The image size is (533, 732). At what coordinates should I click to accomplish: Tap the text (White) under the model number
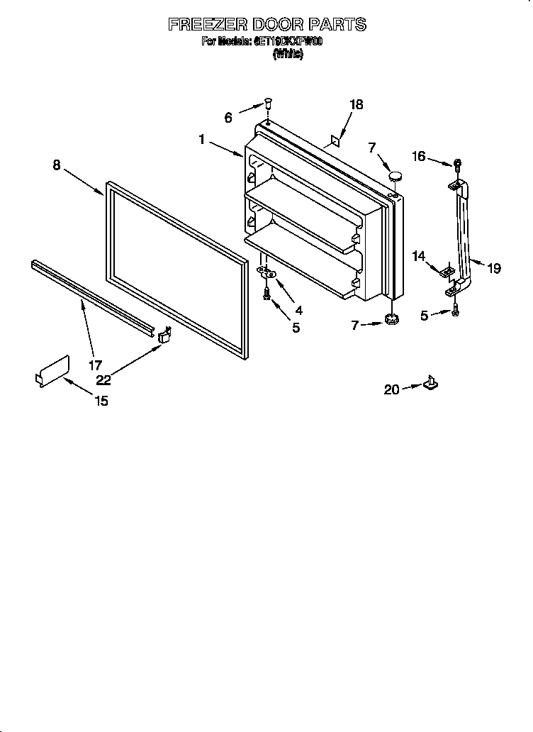(x=288, y=54)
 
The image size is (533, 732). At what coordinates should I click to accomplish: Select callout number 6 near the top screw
(x=228, y=118)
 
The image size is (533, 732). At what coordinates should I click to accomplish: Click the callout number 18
(x=356, y=104)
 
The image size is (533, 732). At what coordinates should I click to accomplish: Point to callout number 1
(x=202, y=140)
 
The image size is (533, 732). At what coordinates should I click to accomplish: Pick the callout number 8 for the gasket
(x=56, y=165)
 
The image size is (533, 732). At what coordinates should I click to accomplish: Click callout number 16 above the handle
(x=419, y=156)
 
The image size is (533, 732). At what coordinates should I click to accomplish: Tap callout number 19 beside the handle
(x=494, y=268)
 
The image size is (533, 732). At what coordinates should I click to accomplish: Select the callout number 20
(x=391, y=389)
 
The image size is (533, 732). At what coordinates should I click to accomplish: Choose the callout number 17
(x=95, y=366)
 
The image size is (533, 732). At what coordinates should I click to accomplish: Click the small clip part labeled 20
(x=430, y=384)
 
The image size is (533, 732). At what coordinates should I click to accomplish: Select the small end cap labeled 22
(x=164, y=334)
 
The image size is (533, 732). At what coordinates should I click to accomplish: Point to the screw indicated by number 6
(x=268, y=103)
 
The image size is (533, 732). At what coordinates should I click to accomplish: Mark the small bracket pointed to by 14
(x=446, y=270)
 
